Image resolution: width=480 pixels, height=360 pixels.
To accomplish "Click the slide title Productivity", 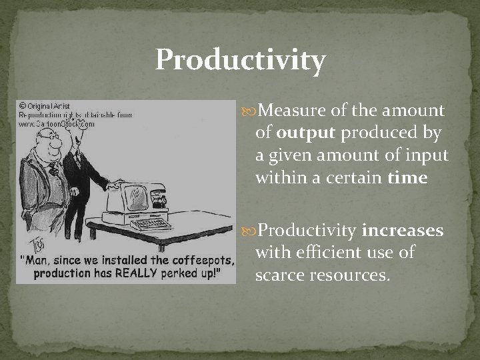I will (240, 60).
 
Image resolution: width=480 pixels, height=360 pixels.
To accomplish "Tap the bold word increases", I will (402, 231).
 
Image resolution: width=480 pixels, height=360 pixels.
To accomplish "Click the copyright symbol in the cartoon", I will (22, 105).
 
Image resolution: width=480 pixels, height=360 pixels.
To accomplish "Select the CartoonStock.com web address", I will (57, 123).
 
